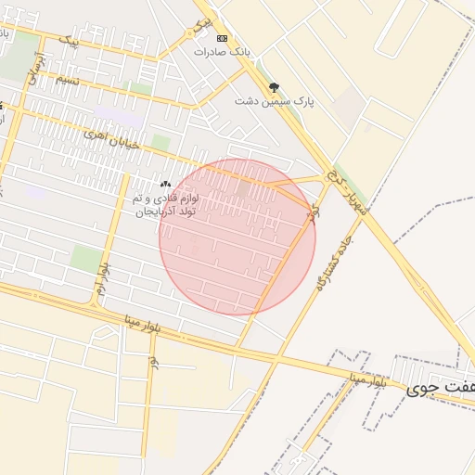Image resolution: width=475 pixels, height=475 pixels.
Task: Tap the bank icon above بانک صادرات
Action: pos(222,38)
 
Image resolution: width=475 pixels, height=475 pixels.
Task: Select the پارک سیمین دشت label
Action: pos(274,101)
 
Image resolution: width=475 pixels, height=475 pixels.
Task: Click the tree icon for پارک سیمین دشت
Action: pos(273,87)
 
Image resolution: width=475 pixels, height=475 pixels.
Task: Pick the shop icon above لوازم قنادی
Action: pos(166,185)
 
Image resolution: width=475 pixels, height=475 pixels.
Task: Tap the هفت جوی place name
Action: pos(439,389)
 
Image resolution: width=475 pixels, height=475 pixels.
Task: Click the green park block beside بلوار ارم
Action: pos(85,258)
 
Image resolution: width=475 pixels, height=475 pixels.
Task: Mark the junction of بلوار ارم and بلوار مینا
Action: pos(94,305)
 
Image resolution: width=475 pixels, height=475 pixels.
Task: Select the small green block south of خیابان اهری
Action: pos(160,143)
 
